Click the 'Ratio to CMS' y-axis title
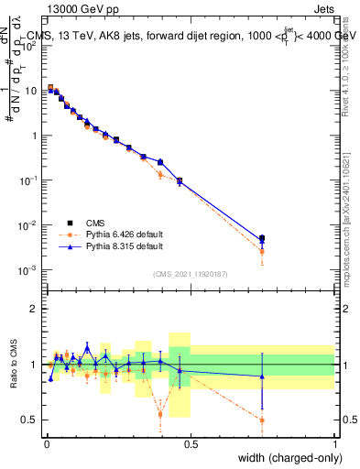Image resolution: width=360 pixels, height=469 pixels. tap(14, 364)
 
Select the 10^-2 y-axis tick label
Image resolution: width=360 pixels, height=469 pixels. tap(27, 225)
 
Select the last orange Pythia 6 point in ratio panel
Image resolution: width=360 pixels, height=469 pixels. tap(262, 420)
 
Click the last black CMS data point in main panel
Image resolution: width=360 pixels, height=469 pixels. tap(262, 238)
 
